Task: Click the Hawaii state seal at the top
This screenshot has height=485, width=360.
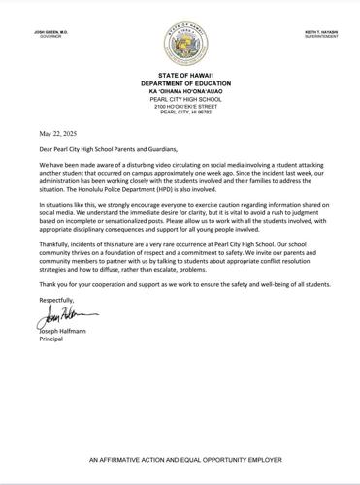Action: pos(180,44)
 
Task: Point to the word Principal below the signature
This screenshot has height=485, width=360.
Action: pos(53,339)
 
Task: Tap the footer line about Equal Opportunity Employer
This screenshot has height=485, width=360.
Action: pos(180,457)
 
